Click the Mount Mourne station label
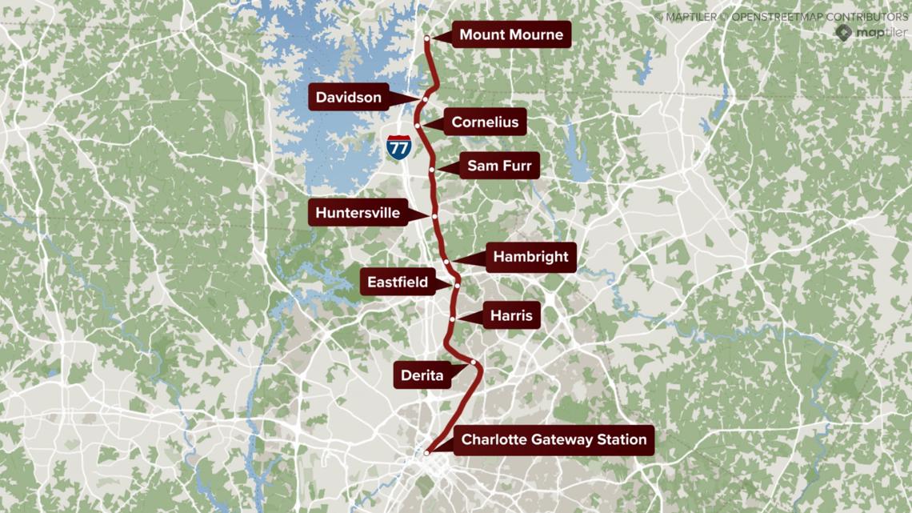point(511,35)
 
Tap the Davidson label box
point(349,98)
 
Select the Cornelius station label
point(485,122)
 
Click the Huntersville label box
point(358,213)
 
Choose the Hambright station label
point(530,257)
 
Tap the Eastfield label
point(398,282)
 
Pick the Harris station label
point(511,315)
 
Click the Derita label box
point(422,375)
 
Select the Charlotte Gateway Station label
point(554,439)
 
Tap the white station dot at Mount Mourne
point(427,38)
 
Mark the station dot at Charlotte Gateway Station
point(427,452)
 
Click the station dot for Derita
point(474,363)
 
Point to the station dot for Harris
point(453,319)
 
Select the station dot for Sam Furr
point(432,170)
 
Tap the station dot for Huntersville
point(434,216)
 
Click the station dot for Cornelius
point(418,126)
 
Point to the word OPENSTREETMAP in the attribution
point(779,16)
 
